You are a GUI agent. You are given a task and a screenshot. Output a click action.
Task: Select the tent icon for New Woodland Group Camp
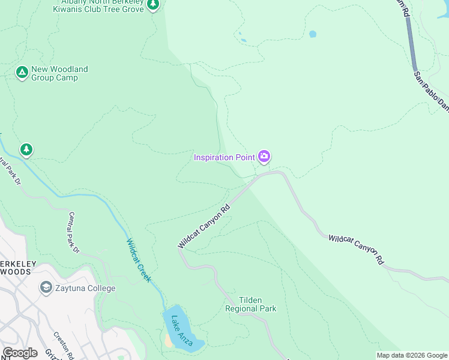click(x=22, y=73)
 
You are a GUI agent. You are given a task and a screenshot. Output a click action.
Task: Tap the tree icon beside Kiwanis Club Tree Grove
click(x=153, y=5)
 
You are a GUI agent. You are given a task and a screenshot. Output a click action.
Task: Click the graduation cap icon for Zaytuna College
click(x=46, y=288)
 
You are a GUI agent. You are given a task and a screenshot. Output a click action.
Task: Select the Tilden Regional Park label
click(x=250, y=305)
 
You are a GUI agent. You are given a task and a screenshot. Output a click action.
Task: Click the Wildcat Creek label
click(x=139, y=261)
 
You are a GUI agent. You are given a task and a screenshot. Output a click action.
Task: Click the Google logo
click(x=19, y=353)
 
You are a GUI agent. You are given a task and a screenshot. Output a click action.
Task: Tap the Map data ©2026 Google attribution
click(x=411, y=355)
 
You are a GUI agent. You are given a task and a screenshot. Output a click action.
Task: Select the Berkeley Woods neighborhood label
click(x=18, y=268)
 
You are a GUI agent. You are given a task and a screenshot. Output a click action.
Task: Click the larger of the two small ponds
click(x=312, y=34)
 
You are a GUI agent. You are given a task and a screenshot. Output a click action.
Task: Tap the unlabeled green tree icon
click(x=26, y=149)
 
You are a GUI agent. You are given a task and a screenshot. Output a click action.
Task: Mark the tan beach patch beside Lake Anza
click(x=169, y=340)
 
